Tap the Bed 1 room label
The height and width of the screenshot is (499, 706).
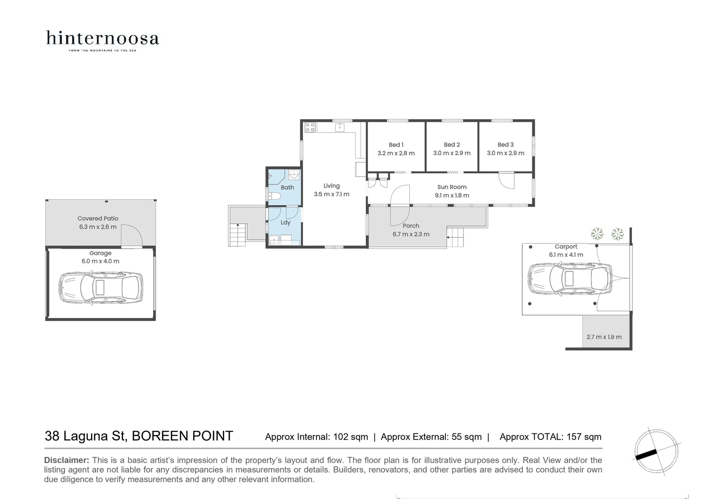tap(396, 145)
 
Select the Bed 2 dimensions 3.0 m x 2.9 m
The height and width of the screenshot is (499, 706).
tap(451, 153)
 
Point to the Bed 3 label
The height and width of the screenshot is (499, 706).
tap(505, 145)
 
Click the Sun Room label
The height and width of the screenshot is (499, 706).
tap(451, 187)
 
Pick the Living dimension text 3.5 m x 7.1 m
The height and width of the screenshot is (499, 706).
tap(331, 194)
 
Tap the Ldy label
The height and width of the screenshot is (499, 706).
tap(286, 222)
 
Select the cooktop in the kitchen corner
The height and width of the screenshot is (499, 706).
tap(310, 127)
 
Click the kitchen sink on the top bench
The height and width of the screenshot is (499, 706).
tap(340, 127)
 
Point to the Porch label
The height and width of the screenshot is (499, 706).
tap(411, 226)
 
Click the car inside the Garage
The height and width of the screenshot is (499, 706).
tap(100, 287)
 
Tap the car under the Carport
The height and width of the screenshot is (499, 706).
tap(569, 279)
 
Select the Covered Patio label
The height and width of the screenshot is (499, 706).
tap(97, 219)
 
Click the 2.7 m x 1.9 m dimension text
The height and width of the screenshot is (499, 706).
tap(604, 337)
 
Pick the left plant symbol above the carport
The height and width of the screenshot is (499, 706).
tap(597, 233)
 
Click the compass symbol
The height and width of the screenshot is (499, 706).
tap(656, 451)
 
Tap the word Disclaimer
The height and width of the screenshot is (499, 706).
tap(66, 460)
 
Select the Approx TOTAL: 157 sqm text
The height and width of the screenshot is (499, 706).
tap(550, 437)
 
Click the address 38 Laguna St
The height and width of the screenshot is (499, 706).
tap(85, 436)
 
